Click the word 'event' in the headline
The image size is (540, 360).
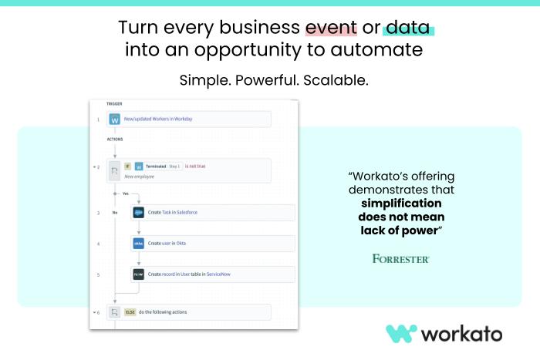(x=331, y=28)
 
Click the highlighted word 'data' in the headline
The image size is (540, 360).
(x=408, y=28)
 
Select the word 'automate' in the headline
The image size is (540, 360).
(x=385, y=51)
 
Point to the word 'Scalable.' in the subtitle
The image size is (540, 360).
(x=336, y=80)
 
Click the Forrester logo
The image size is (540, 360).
(x=400, y=258)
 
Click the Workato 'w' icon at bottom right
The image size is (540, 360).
(x=400, y=334)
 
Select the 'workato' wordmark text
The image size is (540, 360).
(x=461, y=334)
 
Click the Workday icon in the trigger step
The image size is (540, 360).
(x=115, y=119)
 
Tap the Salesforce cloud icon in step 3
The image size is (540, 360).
(x=139, y=212)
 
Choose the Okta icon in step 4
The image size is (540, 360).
(x=139, y=243)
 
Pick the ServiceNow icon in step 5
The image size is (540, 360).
(x=139, y=274)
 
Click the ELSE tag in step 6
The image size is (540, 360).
(x=130, y=312)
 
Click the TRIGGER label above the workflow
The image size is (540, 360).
(x=113, y=103)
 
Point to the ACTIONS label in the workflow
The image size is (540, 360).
(x=115, y=140)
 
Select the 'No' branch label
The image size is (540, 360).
(x=115, y=212)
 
